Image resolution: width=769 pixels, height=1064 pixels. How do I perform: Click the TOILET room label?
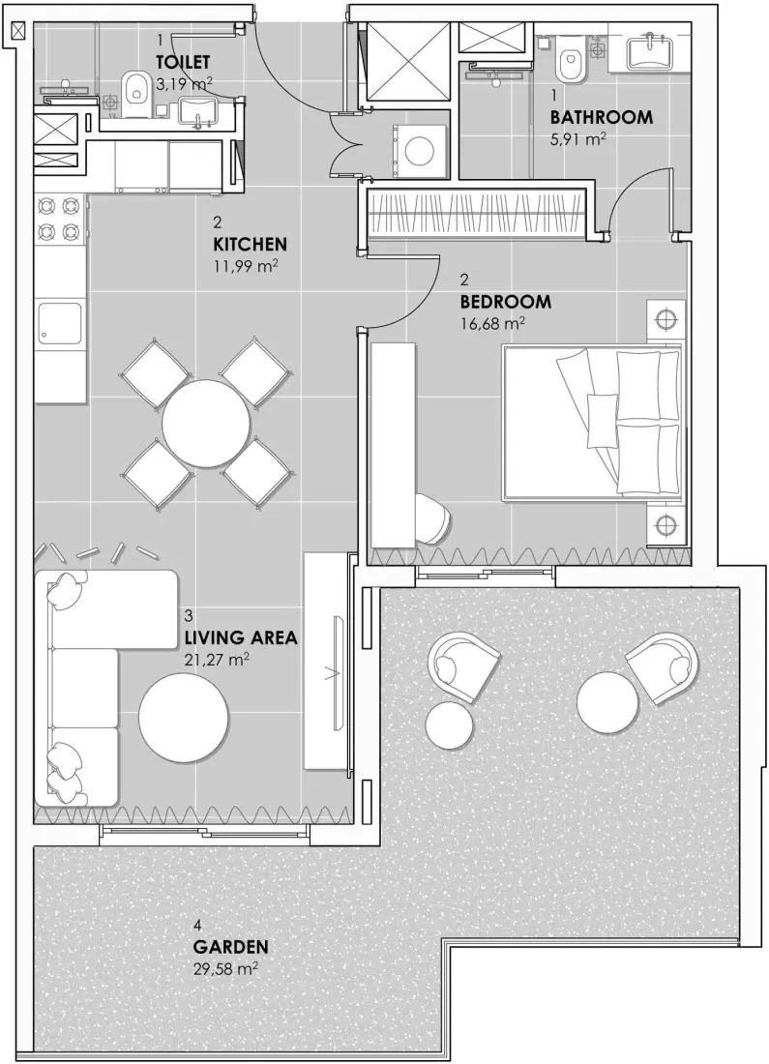[x=183, y=61]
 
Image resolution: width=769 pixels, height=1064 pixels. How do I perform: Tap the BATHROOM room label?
[x=601, y=117]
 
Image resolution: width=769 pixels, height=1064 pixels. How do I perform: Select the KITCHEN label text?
[x=250, y=244]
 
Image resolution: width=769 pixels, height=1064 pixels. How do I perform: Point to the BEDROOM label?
[x=505, y=302]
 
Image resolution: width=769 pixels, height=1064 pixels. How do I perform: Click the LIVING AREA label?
[x=240, y=638]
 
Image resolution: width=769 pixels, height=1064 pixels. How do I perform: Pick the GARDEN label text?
[x=230, y=947]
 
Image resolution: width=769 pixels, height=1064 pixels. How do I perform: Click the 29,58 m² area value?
[x=224, y=968]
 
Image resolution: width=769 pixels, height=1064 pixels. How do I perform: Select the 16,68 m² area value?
[x=492, y=323]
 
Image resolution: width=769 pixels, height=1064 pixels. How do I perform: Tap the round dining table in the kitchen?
[x=206, y=423]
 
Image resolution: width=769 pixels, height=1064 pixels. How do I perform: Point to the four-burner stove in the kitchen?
[x=59, y=219]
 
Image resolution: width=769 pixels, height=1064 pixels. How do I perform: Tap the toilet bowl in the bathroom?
[x=571, y=63]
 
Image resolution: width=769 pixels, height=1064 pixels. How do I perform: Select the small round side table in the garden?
[x=450, y=724]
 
